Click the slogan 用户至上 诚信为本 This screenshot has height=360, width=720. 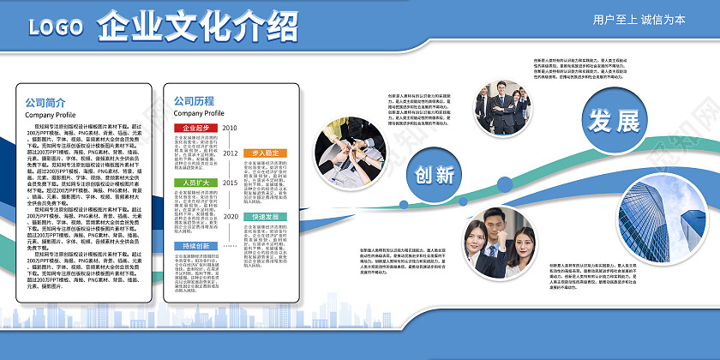click(x=639, y=20)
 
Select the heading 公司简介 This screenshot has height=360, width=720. click(x=44, y=102)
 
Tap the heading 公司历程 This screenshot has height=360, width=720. click(x=194, y=100)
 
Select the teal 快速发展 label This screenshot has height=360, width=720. click(x=266, y=217)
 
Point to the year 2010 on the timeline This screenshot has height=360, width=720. click(x=231, y=128)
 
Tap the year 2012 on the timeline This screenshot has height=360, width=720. click(x=231, y=153)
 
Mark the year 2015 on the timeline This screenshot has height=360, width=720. click(x=231, y=183)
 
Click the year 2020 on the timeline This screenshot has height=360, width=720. click(x=231, y=216)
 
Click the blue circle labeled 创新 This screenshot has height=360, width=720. click(x=435, y=174)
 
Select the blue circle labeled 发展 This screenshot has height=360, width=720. click(x=613, y=119)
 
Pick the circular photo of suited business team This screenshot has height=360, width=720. click(x=502, y=108)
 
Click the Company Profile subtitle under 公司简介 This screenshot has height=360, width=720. click(x=50, y=115)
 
